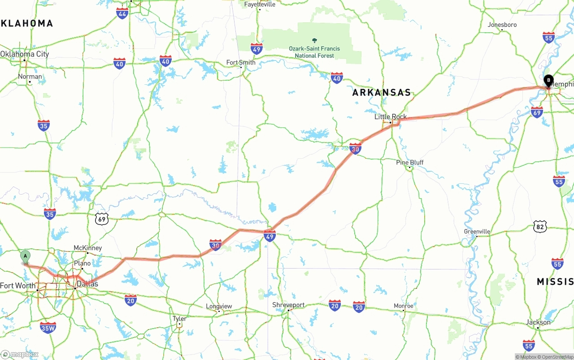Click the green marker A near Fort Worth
[26, 257]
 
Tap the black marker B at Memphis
[548, 81]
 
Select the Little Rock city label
[391, 117]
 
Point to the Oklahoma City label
[25, 54]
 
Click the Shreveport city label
[288, 305]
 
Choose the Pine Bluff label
[410, 162]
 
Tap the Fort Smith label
[241, 62]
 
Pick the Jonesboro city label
[502, 25]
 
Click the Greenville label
[477, 231]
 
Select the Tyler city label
[179, 318]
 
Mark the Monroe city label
[403, 306]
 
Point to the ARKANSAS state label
[382, 93]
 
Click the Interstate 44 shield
[122, 13]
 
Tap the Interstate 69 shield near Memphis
[537, 112]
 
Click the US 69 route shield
[102, 219]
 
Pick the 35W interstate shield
[48, 328]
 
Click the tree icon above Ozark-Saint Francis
[314, 40]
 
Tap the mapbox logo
[20, 354]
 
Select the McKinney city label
[87, 248]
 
